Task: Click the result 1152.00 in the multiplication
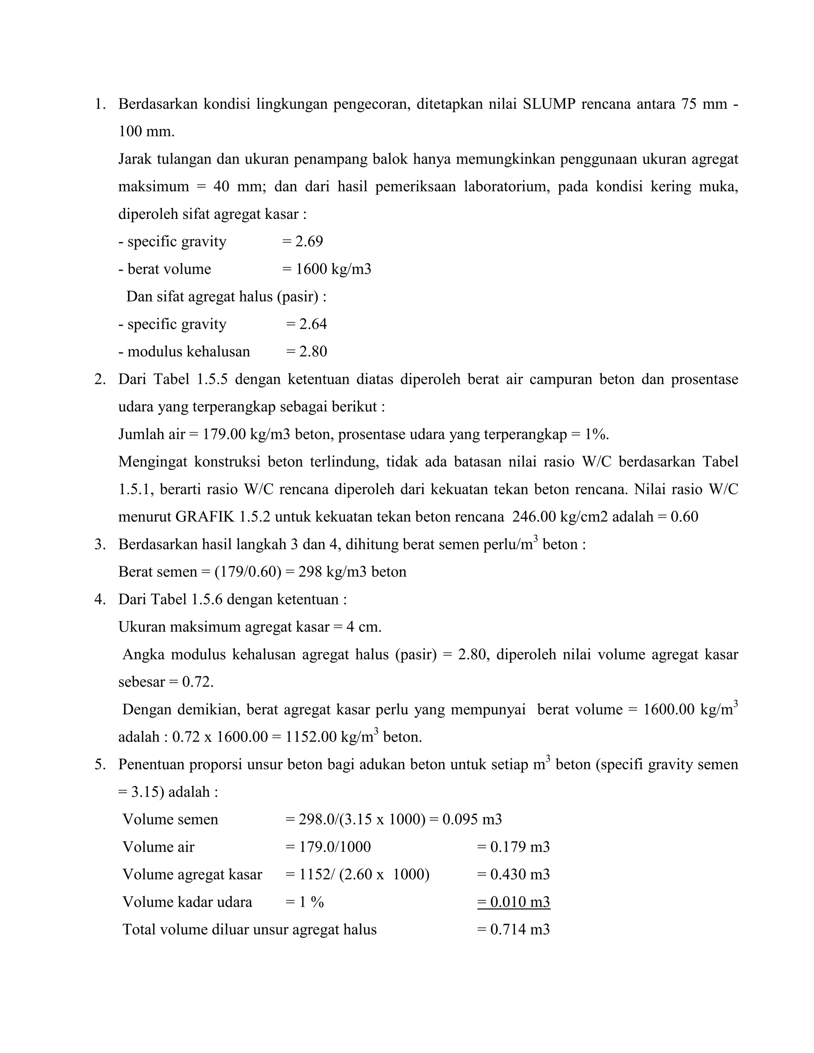(x=311, y=737)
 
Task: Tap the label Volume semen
(x=170, y=820)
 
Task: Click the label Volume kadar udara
(x=187, y=902)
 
